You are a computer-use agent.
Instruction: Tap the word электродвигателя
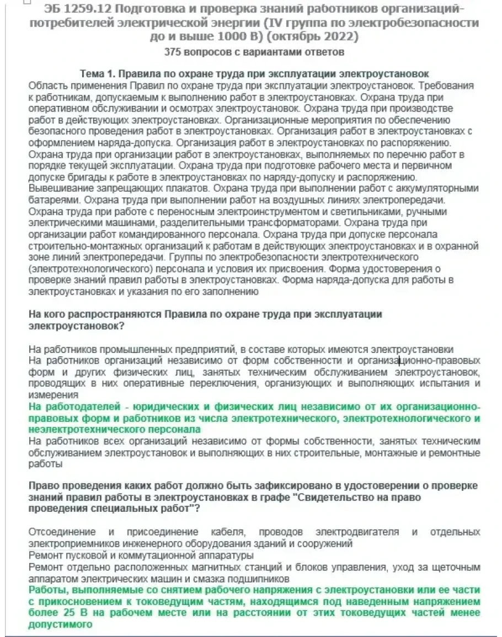pos(356,532)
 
